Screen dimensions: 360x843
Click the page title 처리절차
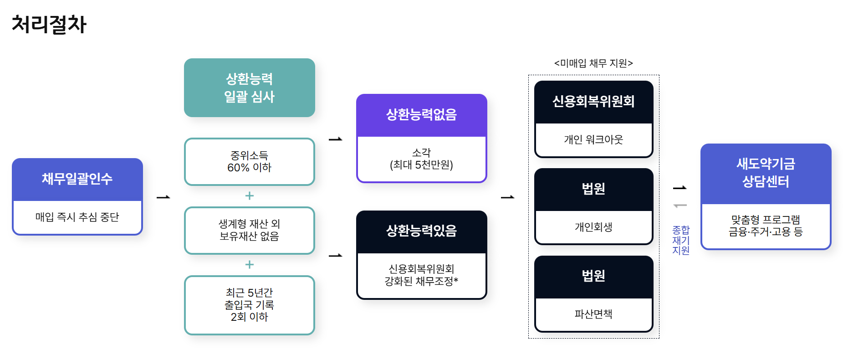49,25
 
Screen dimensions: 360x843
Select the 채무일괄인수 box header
77,179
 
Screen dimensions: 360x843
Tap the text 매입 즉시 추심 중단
77,217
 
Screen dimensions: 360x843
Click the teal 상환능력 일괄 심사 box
249,87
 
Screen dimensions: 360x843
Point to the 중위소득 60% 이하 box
249,162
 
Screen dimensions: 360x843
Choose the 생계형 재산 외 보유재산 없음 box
249,230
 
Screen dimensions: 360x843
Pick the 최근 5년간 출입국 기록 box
249,304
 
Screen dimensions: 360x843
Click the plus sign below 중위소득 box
249,196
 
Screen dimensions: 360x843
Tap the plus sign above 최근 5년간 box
249,264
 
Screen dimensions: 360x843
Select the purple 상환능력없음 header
421,114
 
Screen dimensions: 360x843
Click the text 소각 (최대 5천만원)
421,159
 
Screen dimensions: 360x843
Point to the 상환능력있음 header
421,231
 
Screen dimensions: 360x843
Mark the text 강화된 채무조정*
421,281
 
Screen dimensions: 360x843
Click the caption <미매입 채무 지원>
593,63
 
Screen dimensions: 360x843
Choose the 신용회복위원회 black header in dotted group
593,101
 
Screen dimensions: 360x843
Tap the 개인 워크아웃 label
593,139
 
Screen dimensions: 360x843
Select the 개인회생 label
593,226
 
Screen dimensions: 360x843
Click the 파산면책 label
593,314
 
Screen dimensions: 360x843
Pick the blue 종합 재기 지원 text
681,240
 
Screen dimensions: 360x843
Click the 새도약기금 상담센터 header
766,173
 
